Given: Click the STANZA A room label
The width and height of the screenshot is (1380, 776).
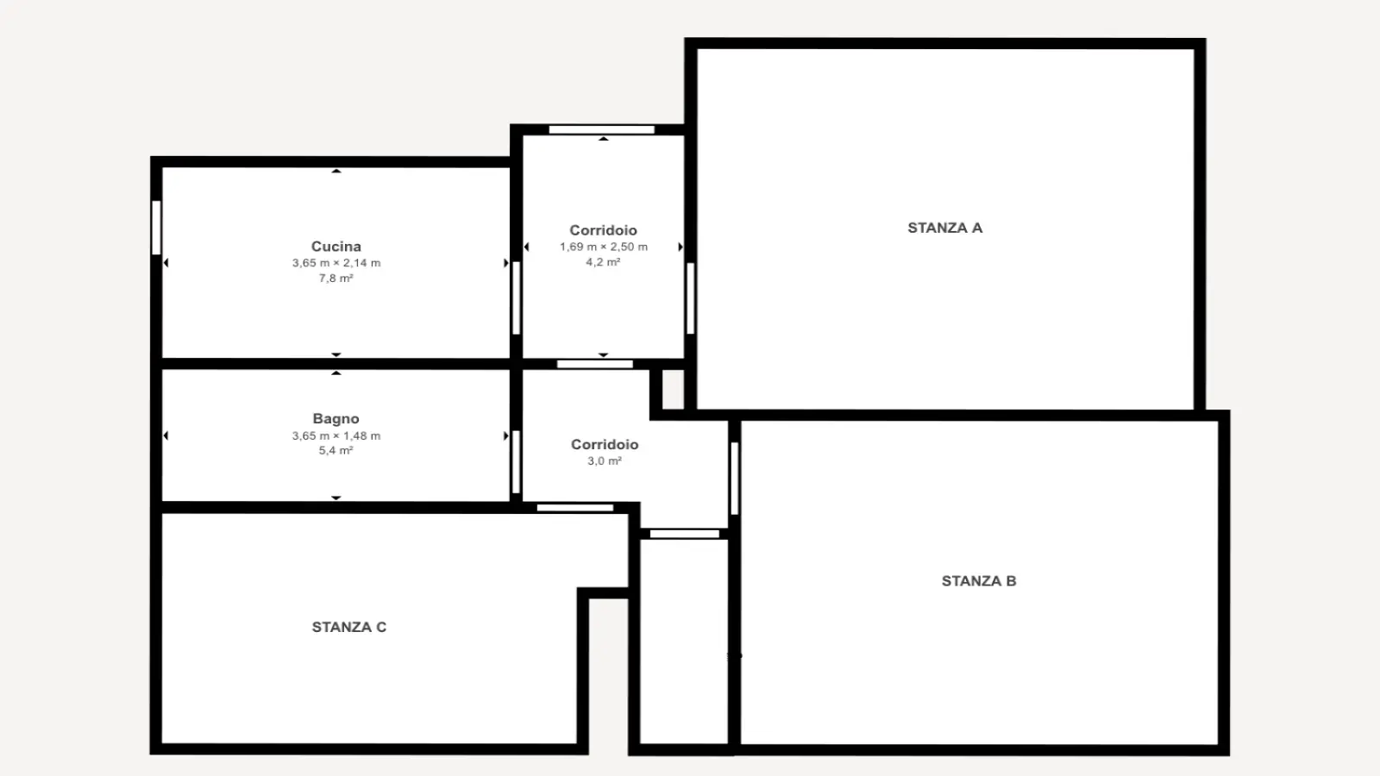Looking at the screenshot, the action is tap(945, 228).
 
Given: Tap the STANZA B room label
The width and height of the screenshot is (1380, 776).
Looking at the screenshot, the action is tap(979, 581).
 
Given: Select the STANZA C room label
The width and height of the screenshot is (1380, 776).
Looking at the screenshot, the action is tap(348, 627).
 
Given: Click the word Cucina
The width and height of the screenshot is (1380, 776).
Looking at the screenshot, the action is tap(336, 247).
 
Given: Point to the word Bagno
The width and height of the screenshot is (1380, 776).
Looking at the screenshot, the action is tap(336, 419).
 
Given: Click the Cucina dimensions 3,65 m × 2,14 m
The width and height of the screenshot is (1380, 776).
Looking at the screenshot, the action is tap(336, 263).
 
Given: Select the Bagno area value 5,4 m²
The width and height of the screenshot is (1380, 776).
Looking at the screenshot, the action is tap(336, 451).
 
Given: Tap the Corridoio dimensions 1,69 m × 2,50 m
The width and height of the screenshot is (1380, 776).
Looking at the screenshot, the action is tap(604, 247).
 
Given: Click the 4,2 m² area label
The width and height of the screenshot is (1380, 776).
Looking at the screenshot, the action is tap(603, 262).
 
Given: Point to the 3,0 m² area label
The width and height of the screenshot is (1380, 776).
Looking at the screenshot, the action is tap(605, 461).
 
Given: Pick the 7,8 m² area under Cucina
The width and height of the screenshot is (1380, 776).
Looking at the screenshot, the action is tap(336, 278).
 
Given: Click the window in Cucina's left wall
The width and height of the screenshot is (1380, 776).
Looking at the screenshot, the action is tap(156, 228).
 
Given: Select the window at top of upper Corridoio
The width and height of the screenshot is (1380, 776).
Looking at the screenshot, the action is tap(602, 130).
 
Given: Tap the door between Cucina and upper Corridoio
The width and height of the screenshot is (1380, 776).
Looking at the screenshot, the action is tap(517, 298).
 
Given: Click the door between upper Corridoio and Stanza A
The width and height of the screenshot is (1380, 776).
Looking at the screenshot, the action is tap(691, 298).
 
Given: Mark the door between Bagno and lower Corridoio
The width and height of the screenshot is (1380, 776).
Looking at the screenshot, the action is tap(517, 462).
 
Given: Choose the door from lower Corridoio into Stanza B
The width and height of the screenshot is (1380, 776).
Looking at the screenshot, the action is tap(734, 479).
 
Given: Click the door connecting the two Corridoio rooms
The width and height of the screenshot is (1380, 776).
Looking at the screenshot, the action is tap(595, 365).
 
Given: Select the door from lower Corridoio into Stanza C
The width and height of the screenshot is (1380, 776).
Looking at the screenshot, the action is tap(574, 508).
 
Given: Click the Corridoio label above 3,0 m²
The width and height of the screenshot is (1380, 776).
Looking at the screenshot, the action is tap(605, 445).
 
